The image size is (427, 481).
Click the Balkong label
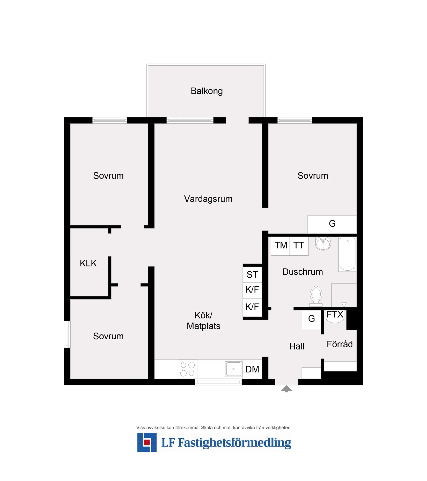pyautogui.click(x=207, y=91)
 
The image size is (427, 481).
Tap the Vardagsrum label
pyautogui.click(x=208, y=199)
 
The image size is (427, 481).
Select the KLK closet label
pyautogui.click(x=88, y=263)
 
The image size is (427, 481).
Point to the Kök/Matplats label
pyautogui.click(x=203, y=320)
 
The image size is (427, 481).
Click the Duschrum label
pyautogui.click(x=303, y=272)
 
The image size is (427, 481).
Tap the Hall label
pyautogui.click(x=297, y=346)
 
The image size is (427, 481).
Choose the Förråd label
pyautogui.click(x=340, y=344)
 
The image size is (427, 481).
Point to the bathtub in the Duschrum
pyautogui.click(x=348, y=254)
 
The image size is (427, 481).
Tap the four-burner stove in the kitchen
pyautogui.click(x=187, y=369)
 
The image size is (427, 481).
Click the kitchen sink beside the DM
pyautogui.click(x=234, y=369)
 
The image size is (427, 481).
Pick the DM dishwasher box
pyautogui.click(x=252, y=369)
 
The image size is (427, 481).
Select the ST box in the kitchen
pyautogui.click(x=252, y=274)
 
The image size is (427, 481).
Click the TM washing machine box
pyautogui.click(x=281, y=246)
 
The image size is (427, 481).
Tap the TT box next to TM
pyautogui.click(x=299, y=246)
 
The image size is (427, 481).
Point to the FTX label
pyautogui.click(x=335, y=315)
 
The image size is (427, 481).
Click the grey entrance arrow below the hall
pyautogui.click(x=286, y=389)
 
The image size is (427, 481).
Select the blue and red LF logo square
pyautogui.click(x=147, y=442)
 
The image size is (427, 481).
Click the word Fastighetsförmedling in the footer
pyautogui.click(x=234, y=443)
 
